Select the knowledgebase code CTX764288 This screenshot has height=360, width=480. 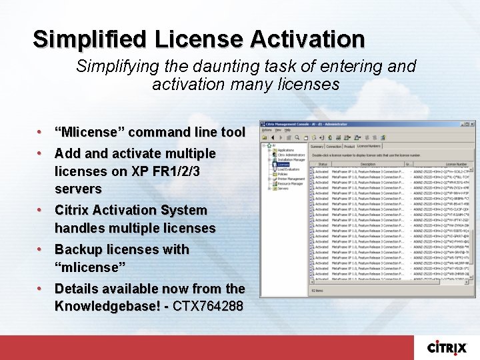point(207,306)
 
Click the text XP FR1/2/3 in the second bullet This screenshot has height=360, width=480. point(166,171)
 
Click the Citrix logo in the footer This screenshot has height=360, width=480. point(447,347)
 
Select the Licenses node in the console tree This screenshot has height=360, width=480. point(282,164)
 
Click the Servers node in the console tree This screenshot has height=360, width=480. point(283,189)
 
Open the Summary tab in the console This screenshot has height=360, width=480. point(317,146)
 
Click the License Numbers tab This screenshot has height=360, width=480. point(369,145)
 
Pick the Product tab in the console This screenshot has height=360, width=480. point(349,146)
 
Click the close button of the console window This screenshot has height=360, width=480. point(472,125)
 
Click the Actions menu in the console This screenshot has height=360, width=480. point(267,130)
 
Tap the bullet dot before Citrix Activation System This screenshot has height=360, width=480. point(40,210)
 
